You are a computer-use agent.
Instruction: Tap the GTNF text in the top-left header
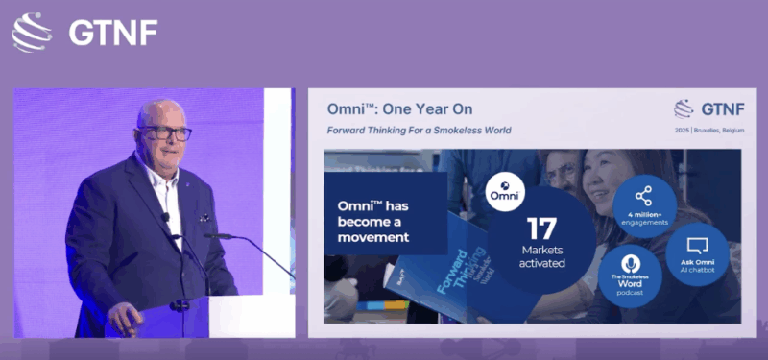(113, 33)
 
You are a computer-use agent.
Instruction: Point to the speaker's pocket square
(204, 217)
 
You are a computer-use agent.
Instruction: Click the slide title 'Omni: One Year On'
(399, 109)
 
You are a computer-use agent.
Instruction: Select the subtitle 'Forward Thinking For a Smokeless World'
(419, 130)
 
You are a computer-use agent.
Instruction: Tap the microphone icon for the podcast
(629, 263)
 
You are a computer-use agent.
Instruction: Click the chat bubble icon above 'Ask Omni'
(698, 244)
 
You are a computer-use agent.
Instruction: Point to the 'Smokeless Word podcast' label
(630, 284)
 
